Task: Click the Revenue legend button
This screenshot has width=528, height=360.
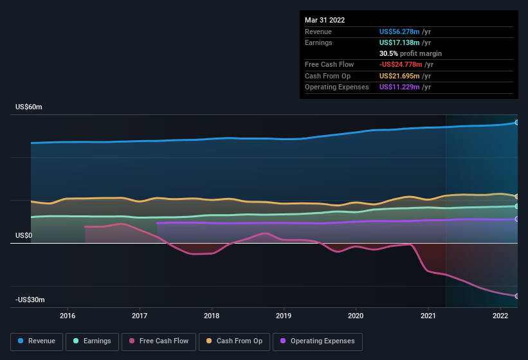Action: (37, 341)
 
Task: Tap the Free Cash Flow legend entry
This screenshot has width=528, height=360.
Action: (159, 341)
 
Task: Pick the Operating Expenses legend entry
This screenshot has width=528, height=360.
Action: (317, 341)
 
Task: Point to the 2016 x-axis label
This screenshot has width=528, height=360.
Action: (68, 316)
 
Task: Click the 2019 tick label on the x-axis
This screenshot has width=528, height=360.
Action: (284, 316)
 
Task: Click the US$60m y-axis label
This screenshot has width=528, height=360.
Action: (29, 107)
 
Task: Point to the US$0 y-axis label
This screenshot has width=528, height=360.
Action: (24, 236)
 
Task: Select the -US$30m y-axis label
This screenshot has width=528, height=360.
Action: (30, 300)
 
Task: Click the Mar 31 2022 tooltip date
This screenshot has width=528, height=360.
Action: (325, 20)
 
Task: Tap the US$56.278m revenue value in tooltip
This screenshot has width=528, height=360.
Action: (399, 32)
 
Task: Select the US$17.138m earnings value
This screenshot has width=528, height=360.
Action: (399, 42)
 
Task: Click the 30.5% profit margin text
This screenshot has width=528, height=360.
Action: (410, 53)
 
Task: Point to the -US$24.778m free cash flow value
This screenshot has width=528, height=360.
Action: (401, 64)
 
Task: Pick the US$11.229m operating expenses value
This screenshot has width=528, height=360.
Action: (399, 87)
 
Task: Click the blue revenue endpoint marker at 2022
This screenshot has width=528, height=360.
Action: (516, 122)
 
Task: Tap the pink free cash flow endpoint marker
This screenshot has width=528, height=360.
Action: (516, 296)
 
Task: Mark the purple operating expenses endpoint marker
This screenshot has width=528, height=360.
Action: (516, 219)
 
